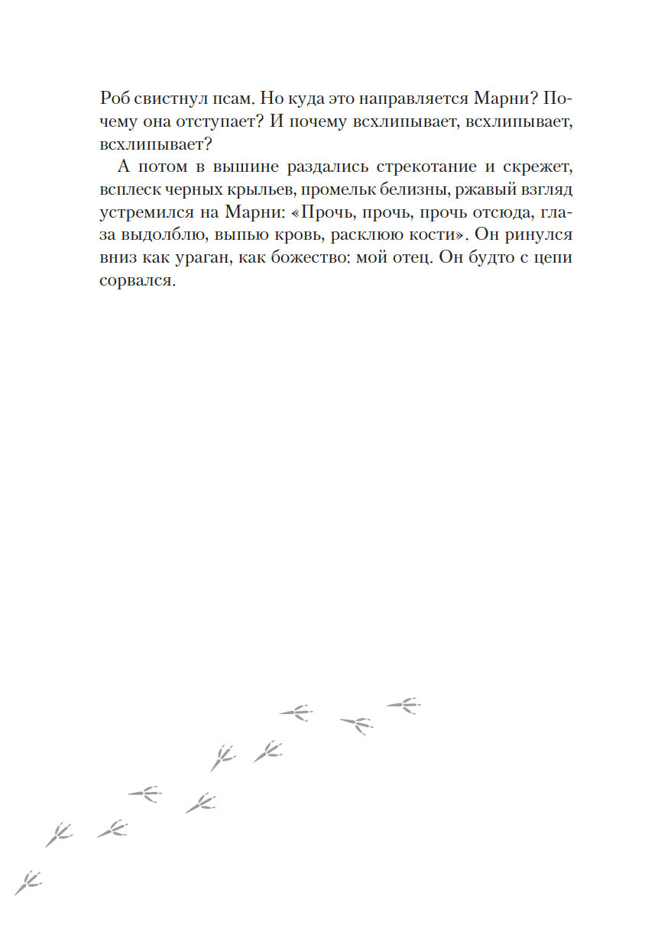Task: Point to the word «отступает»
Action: [210, 122]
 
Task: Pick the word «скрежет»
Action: [537, 166]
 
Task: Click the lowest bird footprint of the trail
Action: [28, 882]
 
